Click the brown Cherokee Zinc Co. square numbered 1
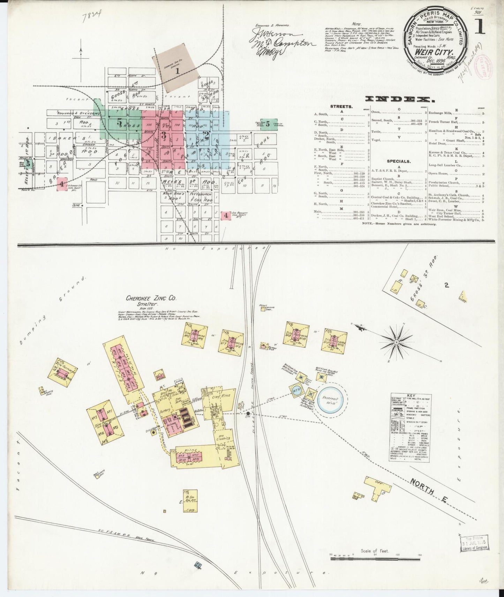point(177,71)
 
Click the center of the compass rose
point(396,342)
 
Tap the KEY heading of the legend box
point(412,396)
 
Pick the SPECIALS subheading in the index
point(399,161)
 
